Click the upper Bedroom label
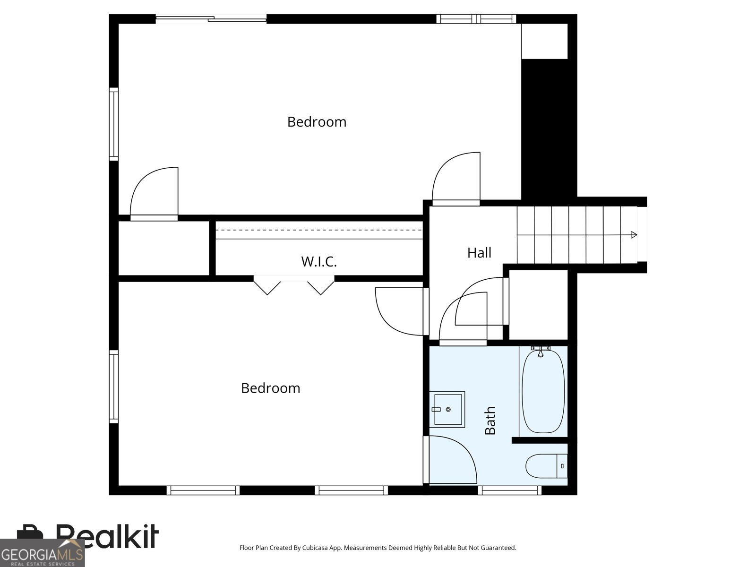[317, 122]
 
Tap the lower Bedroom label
[270, 388]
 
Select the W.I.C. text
[319, 262]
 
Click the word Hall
[479, 253]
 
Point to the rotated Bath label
[490, 421]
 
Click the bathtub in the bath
[543, 392]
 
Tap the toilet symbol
[543, 466]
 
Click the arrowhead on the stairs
[634, 235]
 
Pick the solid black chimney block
[548, 128]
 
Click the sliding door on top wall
[211, 19]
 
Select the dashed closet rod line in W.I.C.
[319, 230]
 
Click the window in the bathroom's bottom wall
[509, 490]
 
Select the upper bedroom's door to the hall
[456, 180]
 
